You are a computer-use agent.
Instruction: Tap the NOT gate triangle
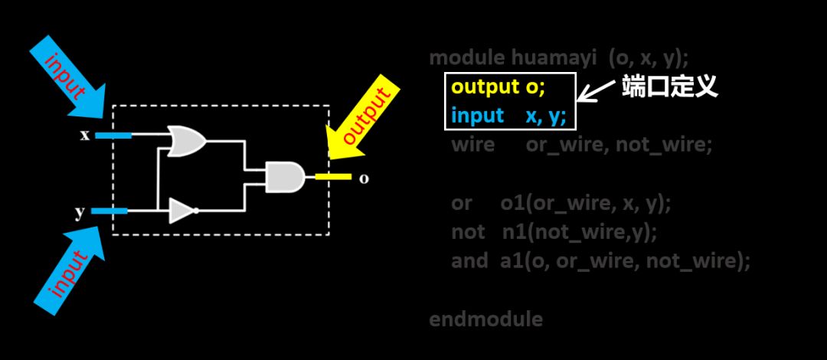pyautogui.click(x=181, y=211)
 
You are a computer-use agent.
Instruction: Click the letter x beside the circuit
pyautogui.click(x=85, y=136)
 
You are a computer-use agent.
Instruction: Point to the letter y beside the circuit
pyautogui.click(x=80, y=212)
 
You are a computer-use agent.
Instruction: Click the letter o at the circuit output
pyautogui.click(x=364, y=178)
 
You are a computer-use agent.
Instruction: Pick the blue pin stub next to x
pyautogui.click(x=112, y=136)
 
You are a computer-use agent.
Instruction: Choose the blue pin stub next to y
pyautogui.click(x=110, y=211)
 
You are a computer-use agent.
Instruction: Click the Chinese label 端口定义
pyautogui.click(x=669, y=86)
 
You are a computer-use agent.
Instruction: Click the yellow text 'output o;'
pyautogui.click(x=498, y=87)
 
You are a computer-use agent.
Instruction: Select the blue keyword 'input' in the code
pyautogui.click(x=477, y=116)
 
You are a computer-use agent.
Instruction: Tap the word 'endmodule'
pyautogui.click(x=485, y=319)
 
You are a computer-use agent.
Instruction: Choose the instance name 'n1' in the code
pyautogui.click(x=512, y=231)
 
